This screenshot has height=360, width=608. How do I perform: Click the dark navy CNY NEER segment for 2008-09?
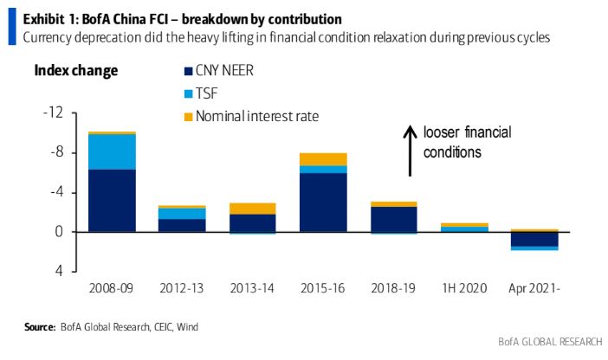[112, 201]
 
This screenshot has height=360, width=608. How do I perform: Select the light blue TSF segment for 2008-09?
[112, 151]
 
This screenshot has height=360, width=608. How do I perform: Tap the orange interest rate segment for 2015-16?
[323, 159]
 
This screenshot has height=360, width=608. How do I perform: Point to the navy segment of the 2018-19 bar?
[392, 219]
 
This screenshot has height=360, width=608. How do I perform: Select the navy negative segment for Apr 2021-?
[534, 239]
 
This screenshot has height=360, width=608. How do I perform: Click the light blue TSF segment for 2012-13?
[182, 214]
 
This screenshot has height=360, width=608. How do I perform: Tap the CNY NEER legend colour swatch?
[189, 71]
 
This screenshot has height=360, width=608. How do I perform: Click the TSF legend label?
[208, 93]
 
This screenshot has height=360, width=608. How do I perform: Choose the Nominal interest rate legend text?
[252, 115]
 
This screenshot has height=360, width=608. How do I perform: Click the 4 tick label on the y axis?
[58, 271]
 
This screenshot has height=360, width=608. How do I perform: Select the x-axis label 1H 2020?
[463, 287]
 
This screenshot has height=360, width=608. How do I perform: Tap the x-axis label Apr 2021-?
[534, 287]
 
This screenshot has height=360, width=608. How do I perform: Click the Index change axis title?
[76, 70]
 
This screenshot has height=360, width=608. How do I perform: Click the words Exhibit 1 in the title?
[47, 18]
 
